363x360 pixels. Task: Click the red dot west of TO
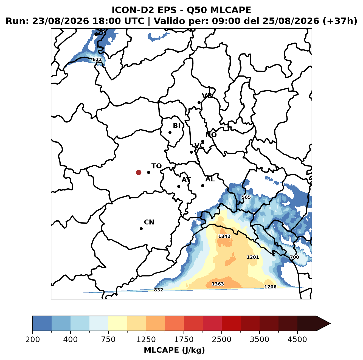tap(139, 172)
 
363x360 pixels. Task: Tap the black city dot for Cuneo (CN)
tap(141, 229)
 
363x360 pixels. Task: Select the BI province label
tap(176, 126)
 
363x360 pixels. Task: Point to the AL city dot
tap(202, 185)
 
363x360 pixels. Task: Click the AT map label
tap(186, 180)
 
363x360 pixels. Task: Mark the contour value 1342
tap(224, 236)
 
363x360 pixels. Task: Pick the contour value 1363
tap(218, 284)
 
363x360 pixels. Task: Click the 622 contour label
tap(97, 60)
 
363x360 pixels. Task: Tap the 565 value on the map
tap(246, 197)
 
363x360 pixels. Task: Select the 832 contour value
tap(158, 290)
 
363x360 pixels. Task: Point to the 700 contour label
tap(294, 257)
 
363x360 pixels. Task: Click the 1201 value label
tap(253, 257)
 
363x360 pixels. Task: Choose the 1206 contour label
tap(270, 287)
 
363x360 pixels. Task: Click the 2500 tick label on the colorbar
tap(221, 339)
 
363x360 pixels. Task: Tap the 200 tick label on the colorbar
tap(33, 339)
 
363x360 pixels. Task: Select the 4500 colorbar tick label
tap(297, 339)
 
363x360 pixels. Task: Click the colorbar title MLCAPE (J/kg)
tap(174, 350)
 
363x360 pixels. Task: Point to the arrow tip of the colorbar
tap(330, 324)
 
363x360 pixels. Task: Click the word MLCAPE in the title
tap(230, 10)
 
